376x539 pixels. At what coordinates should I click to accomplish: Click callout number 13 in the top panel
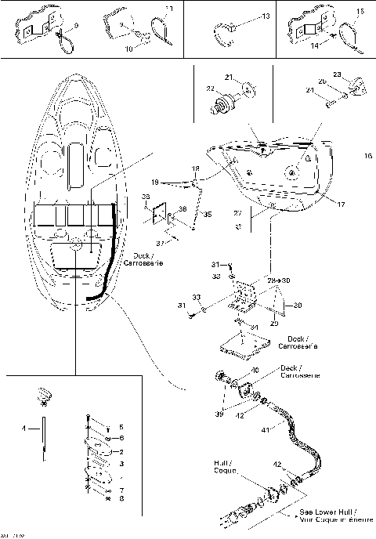(x=266, y=16)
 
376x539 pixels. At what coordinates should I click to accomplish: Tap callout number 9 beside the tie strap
(x=76, y=26)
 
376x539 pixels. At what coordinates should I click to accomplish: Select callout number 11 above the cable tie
(x=168, y=9)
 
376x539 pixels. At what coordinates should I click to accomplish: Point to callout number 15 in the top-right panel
(x=360, y=11)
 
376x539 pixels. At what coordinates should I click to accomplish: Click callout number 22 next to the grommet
(x=208, y=90)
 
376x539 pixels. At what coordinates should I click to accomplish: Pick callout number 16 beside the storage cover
(x=367, y=157)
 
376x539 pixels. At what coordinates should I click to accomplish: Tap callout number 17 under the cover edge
(x=341, y=205)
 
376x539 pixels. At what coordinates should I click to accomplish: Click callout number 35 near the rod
(x=208, y=213)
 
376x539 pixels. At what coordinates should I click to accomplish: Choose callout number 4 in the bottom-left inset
(x=24, y=429)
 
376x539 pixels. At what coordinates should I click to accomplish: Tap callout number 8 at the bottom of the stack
(x=121, y=499)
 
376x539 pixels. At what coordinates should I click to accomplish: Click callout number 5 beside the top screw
(x=121, y=427)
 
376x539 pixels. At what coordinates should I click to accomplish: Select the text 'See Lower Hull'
(x=325, y=510)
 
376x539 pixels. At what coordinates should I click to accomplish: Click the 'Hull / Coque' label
(x=226, y=468)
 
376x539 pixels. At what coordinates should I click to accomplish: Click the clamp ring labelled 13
(x=222, y=31)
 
